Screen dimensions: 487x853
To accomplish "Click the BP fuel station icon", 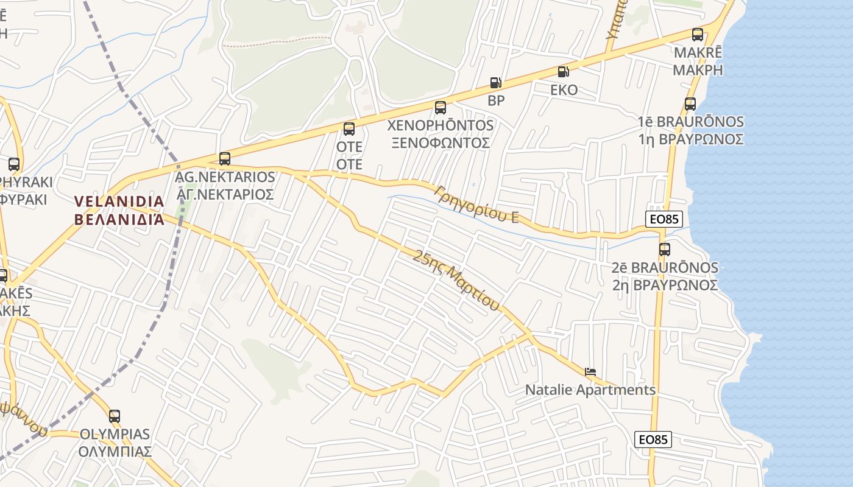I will pos(496,83).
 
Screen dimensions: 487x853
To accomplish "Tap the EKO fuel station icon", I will pos(564,72).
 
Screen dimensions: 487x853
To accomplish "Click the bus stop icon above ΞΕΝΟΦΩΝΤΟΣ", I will pos(441,108).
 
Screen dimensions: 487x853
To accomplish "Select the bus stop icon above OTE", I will pos(349,128).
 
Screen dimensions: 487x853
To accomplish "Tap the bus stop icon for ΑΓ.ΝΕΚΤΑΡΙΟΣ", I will pos(225,158).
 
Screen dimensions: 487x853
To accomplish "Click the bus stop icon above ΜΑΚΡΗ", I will pos(698,35).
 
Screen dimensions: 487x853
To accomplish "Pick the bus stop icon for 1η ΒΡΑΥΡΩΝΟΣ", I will pos(690,104).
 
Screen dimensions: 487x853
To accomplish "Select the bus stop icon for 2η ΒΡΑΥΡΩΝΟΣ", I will pos(665,249).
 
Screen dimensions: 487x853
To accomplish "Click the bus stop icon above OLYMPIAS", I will pos(115,416).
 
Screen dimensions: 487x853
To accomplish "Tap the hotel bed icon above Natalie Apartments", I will pos(590,372).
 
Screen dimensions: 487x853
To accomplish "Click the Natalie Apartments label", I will pos(590,390).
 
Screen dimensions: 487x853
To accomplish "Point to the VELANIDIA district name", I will pos(119,201).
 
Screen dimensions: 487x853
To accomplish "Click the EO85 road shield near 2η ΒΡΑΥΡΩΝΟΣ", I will pos(664,219).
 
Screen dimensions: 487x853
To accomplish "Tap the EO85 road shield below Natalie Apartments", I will pos(653,439).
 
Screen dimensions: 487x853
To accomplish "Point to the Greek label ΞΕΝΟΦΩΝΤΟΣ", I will pos(441,143).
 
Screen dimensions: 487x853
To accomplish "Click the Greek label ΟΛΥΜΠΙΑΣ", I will pos(115,452).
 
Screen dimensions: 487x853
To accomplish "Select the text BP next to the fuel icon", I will pos(497,100).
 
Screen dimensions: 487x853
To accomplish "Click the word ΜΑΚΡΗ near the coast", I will pos(698,69).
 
